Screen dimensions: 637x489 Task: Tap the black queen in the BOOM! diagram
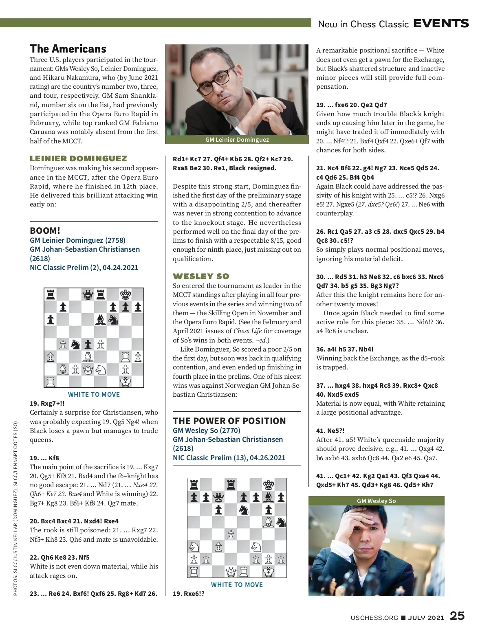[88, 294]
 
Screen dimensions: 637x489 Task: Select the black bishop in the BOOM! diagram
[100, 320]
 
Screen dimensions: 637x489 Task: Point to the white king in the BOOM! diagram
[126, 382]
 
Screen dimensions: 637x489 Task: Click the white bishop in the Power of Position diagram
[269, 522]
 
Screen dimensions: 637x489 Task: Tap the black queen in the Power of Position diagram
[219, 497]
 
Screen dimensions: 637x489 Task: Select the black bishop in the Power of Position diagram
[269, 497]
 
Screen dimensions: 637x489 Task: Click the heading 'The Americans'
[68, 49]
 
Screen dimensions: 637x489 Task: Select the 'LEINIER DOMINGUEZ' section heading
[78, 158]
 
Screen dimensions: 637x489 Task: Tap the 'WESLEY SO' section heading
[201, 276]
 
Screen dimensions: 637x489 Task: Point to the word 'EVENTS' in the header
[441, 24]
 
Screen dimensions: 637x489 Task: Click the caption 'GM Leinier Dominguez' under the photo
[237, 140]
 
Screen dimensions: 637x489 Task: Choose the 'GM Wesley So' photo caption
[376, 501]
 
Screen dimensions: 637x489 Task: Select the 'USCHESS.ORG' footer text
[374, 617]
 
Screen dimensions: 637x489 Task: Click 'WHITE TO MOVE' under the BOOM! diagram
[94, 394]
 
